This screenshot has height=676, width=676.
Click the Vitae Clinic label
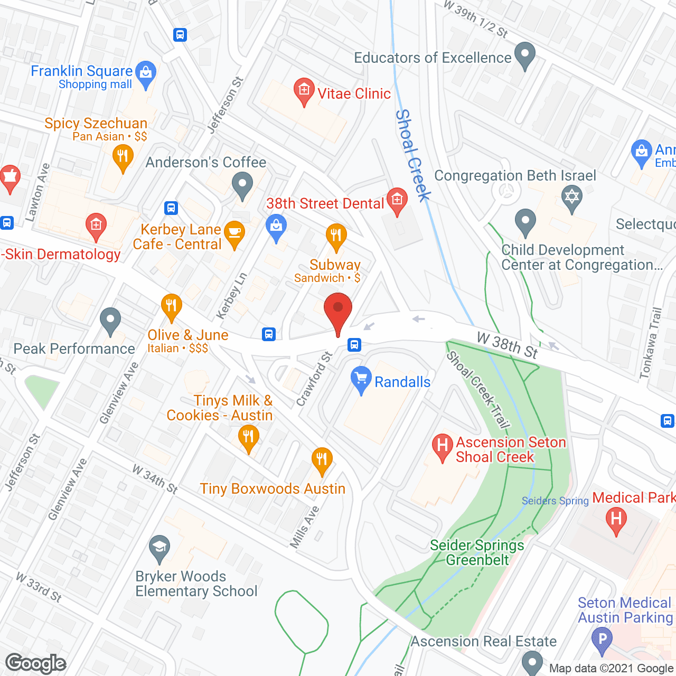pos(354,93)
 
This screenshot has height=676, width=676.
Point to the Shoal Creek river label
pos(414,155)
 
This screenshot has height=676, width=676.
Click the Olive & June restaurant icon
pos(171,307)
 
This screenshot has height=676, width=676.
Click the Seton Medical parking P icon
pos(602,639)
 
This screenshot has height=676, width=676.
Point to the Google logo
pos(36,663)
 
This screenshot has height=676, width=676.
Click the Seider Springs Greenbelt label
pos(477,552)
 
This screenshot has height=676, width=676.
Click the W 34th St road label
pos(155,479)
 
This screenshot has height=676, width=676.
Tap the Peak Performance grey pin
pos(110,321)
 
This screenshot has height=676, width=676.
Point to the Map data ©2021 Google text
pos(611,669)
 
